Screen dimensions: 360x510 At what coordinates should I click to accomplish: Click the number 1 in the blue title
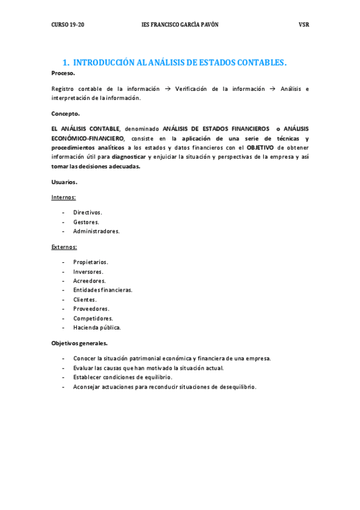(x=66, y=63)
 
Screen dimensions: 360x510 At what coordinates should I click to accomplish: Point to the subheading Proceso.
(x=63, y=73)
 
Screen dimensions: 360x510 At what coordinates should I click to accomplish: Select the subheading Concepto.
(x=66, y=113)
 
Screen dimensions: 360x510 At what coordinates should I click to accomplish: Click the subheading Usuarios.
(x=64, y=182)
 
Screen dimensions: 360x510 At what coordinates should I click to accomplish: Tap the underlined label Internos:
(x=64, y=197)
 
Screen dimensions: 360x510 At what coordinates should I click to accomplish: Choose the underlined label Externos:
(x=64, y=247)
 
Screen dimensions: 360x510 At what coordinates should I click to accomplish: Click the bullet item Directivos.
(x=88, y=212)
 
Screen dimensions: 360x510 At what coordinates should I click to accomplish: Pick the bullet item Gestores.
(x=87, y=222)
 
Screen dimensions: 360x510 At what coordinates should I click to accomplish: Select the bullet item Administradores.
(x=96, y=231)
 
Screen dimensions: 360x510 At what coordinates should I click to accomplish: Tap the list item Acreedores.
(x=90, y=281)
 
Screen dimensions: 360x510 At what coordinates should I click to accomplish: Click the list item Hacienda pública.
(x=97, y=328)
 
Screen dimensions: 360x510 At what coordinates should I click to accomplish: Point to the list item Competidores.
(x=93, y=318)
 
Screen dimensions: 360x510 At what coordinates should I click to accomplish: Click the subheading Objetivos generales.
(x=80, y=343)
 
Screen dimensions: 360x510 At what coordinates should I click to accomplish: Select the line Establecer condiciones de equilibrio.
(x=123, y=377)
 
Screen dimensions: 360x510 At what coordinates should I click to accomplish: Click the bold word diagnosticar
(x=129, y=157)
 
